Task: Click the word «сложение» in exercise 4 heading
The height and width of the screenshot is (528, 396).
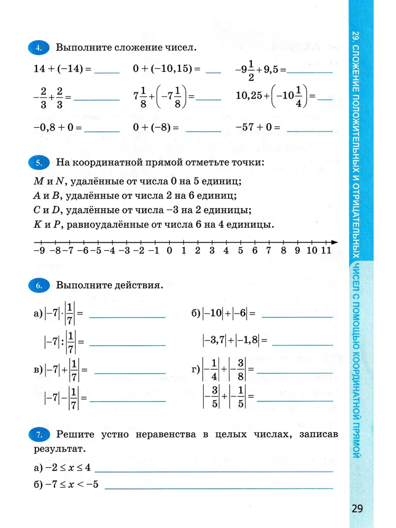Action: [129, 48]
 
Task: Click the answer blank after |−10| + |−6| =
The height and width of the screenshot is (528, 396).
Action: [297, 316]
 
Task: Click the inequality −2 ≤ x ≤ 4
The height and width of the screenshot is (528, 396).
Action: [65, 467]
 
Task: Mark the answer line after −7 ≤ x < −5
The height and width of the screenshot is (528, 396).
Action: [219, 485]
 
